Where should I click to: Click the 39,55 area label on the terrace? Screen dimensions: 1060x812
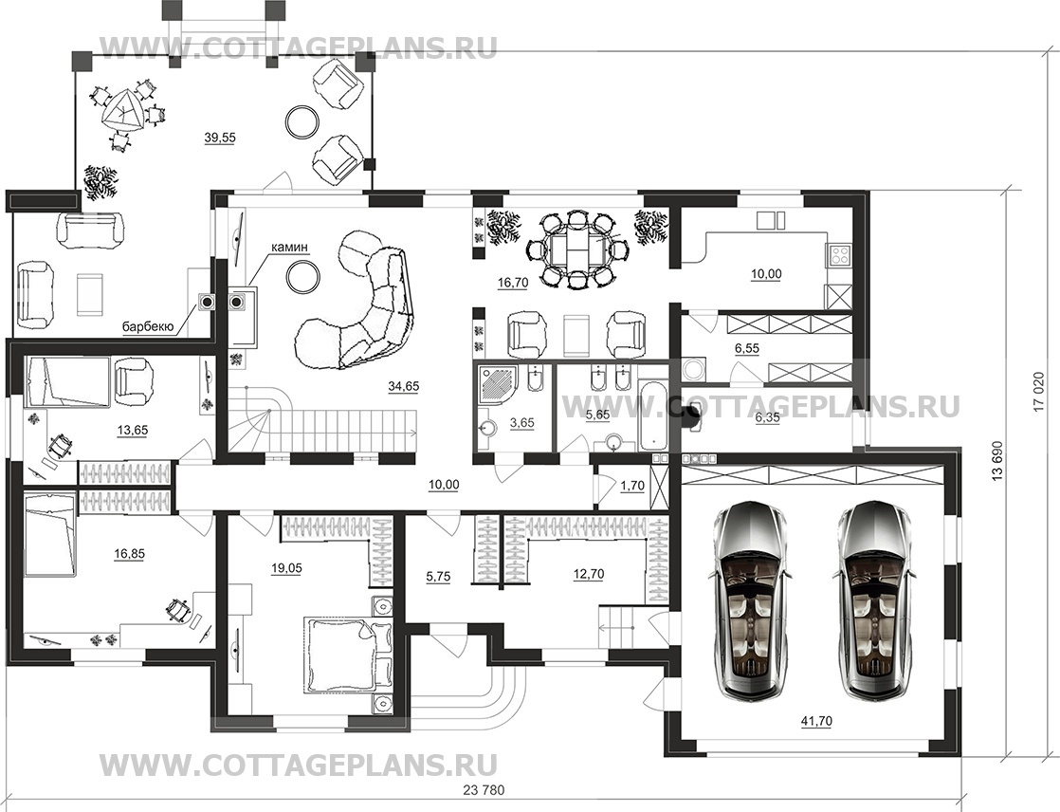pyautogui.click(x=220, y=138)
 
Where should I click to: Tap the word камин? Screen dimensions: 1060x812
pyautogui.click(x=289, y=248)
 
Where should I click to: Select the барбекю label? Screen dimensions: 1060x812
pyautogui.click(x=148, y=327)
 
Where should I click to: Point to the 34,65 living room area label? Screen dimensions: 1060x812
pyautogui.click(x=404, y=386)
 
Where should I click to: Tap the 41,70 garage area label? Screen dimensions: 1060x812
pyautogui.click(x=816, y=721)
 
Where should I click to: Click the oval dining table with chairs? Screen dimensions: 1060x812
pyautogui.click(x=576, y=249)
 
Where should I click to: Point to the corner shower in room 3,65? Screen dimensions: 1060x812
pyautogui.click(x=498, y=386)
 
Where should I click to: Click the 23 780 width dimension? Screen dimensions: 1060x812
pyautogui.click(x=484, y=789)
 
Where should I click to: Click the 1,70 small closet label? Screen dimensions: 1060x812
pyautogui.click(x=632, y=486)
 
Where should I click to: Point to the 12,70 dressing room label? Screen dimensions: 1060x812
pyautogui.click(x=588, y=575)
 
